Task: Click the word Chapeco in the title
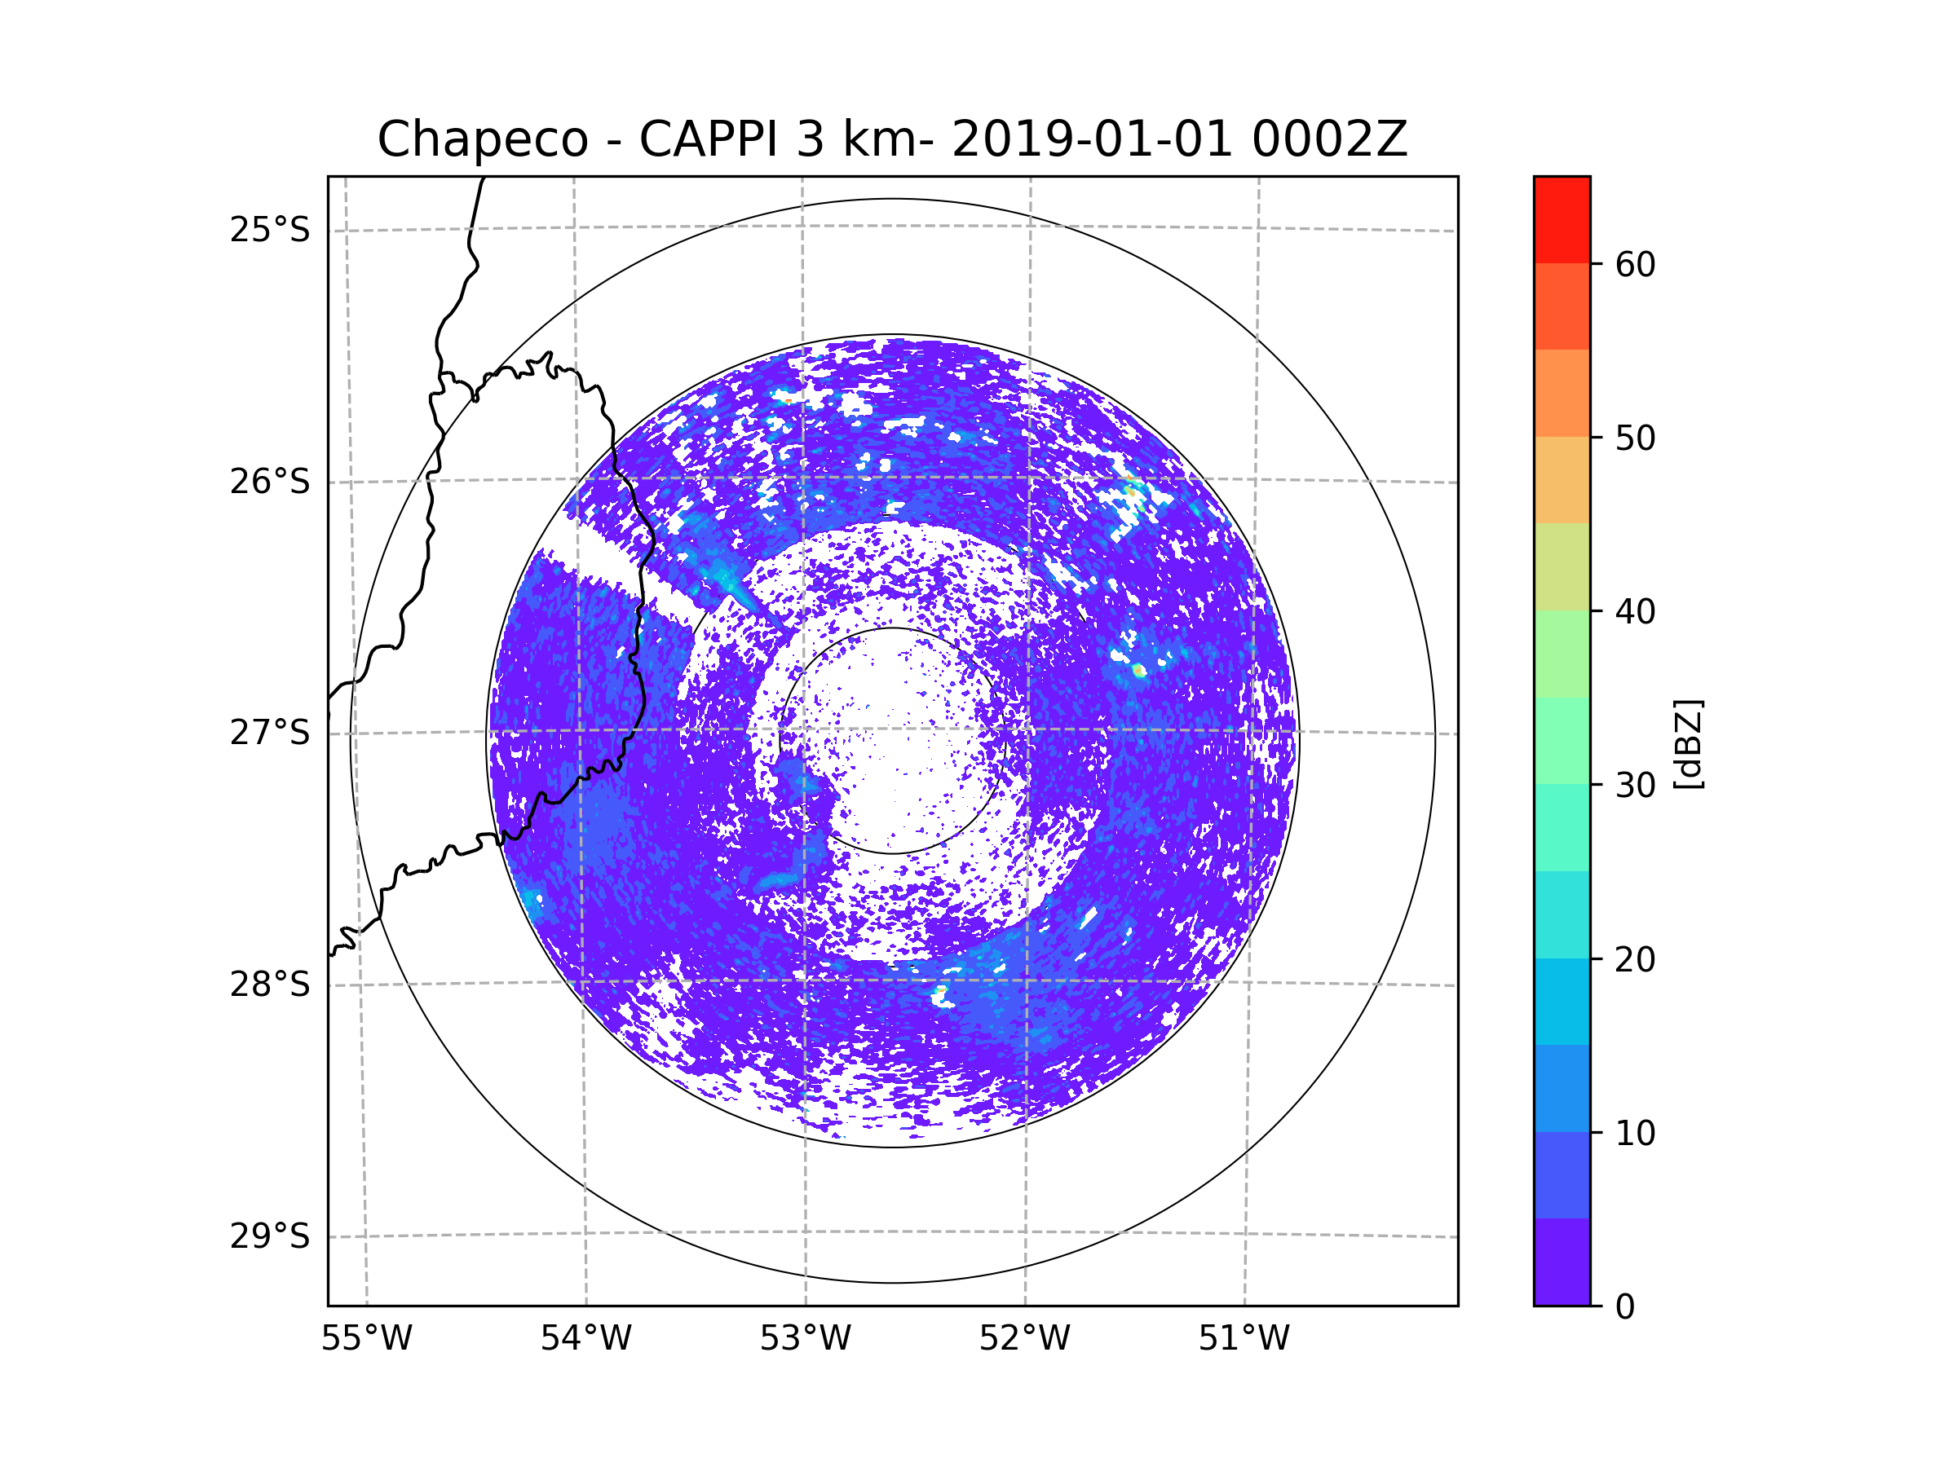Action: pyautogui.click(x=482, y=139)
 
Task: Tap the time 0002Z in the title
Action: pyautogui.click(x=1329, y=139)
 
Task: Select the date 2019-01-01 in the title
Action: pyautogui.click(x=1092, y=139)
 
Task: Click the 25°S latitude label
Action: pyautogui.click(x=270, y=230)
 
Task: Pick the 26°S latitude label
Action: pyautogui.click(x=270, y=482)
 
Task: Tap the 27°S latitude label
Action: pyautogui.click(x=270, y=733)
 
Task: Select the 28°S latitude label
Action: pyautogui.click(x=270, y=985)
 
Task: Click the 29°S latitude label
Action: pyautogui.click(x=270, y=1236)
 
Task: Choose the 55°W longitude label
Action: pyautogui.click(x=366, y=1339)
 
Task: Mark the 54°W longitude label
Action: pyautogui.click(x=585, y=1339)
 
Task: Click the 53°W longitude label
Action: pyautogui.click(x=805, y=1339)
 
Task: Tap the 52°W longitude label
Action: pyautogui.click(x=1024, y=1339)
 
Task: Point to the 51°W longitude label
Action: pyautogui.click(x=1244, y=1339)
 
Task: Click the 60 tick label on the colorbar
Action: pyautogui.click(x=1635, y=264)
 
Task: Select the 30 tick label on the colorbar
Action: pyautogui.click(x=1635, y=785)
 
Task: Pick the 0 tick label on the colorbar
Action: pyautogui.click(x=1625, y=1307)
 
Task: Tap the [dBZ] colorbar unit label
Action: pyautogui.click(x=1688, y=743)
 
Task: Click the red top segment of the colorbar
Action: pyautogui.click(x=1562, y=219)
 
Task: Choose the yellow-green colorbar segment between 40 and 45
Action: pyautogui.click(x=1562, y=566)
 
